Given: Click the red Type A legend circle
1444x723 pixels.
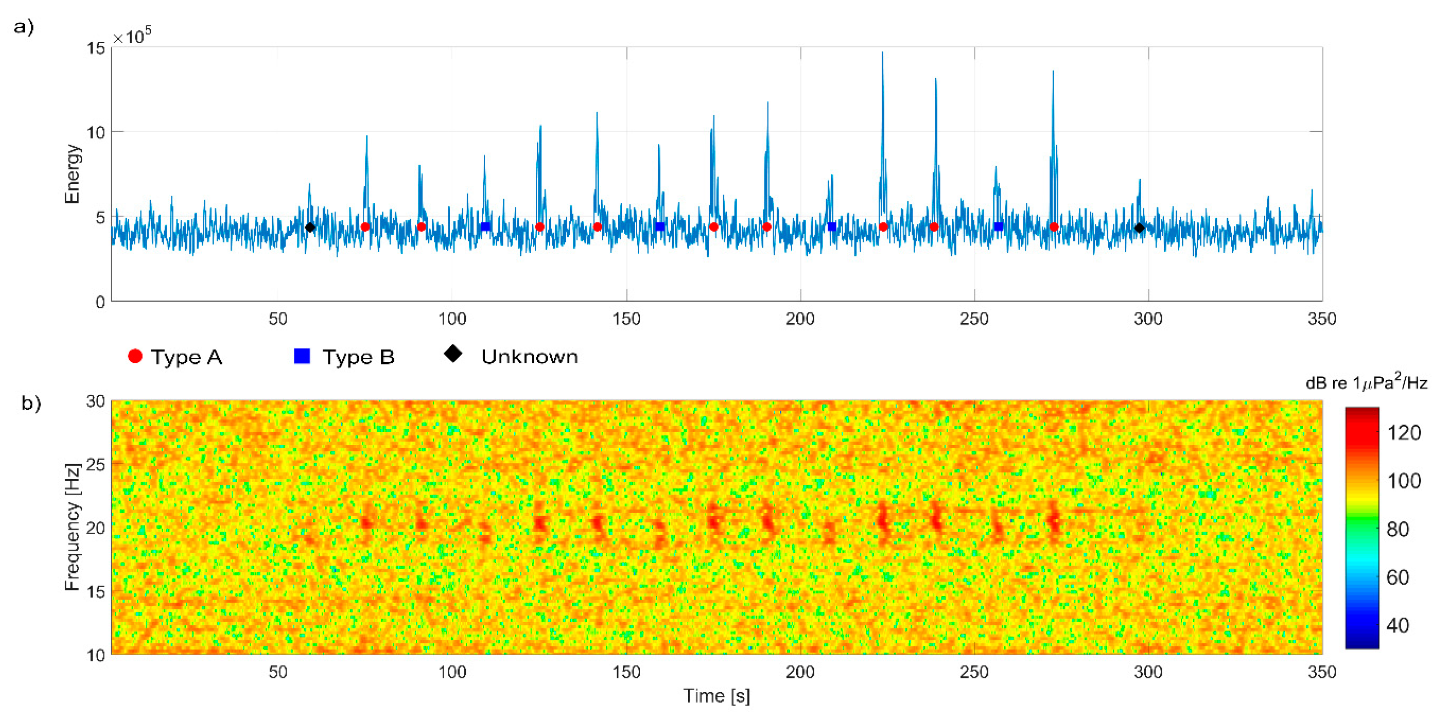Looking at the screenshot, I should (135, 356).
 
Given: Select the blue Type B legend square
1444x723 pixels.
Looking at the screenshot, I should (302, 356).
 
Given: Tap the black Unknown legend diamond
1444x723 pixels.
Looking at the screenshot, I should (453, 354).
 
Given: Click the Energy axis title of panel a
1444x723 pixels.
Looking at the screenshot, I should (72, 174).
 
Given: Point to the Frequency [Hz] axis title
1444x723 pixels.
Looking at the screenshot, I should (72, 527).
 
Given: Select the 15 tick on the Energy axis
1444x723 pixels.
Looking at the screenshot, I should (96, 48).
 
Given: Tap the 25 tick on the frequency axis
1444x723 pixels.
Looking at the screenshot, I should (95, 465).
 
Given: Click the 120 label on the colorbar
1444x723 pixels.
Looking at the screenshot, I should (1404, 433).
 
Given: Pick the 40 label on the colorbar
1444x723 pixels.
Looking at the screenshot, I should (1398, 625).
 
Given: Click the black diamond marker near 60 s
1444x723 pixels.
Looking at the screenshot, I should (310, 228).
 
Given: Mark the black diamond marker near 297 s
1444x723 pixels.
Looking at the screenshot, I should (1139, 228).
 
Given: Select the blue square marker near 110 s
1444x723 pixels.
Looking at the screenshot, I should (485, 227).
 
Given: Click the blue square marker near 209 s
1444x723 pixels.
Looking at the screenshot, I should (832, 226).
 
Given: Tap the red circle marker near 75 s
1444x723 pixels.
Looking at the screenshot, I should (365, 227).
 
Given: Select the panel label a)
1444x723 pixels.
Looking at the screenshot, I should (23, 27).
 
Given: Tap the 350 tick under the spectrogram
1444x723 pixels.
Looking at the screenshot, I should (1322, 672).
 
